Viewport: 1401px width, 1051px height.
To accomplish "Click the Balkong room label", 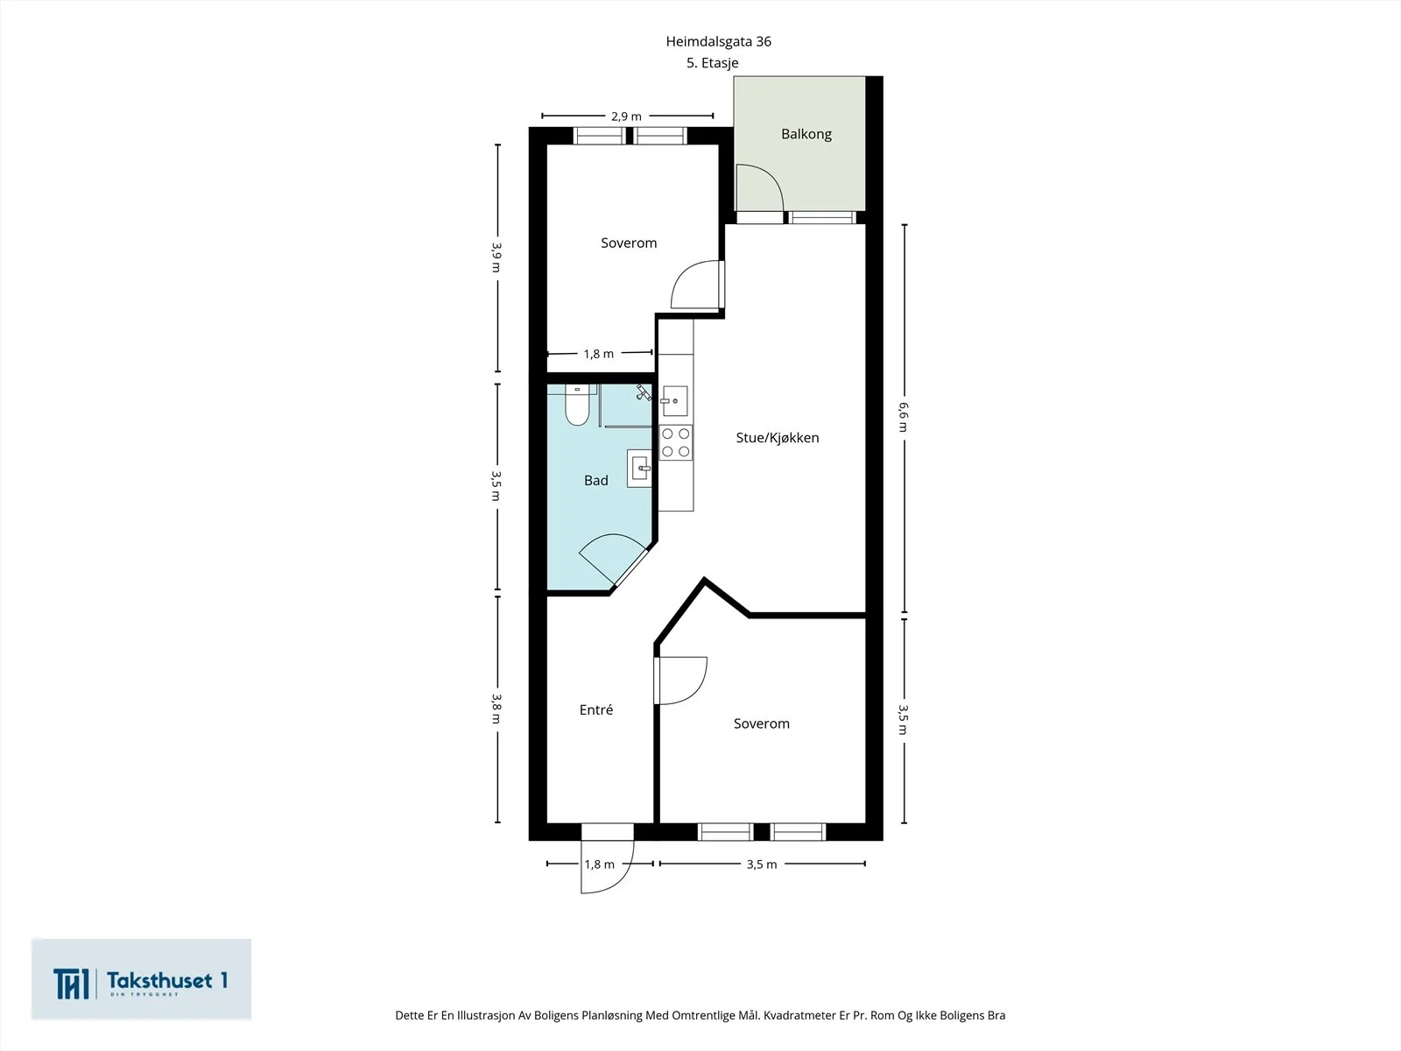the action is [x=806, y=135].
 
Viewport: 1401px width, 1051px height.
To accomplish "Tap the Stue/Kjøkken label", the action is [x=778, y=438].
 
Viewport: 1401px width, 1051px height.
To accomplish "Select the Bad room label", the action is [x=596, y=481].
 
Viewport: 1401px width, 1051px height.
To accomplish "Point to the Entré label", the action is [x=596, y=709].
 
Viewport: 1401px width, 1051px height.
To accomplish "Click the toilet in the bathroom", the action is [x=577, y=405].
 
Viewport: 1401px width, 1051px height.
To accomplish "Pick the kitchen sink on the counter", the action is [x=674, y=401].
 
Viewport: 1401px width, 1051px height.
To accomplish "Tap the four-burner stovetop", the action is [x=675, y=443].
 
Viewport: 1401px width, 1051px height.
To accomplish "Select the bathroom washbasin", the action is [x=639, y=469].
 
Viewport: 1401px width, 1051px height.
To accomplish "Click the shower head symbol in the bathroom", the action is [x=644, y=391].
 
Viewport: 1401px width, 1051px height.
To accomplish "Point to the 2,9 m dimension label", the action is [x=626, y=116].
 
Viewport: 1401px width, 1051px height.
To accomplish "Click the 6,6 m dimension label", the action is [x=903, y=417].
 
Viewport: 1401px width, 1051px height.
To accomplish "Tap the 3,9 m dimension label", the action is [x=496, y=257].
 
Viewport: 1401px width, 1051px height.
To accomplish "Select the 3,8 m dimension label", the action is [x=496, y=709].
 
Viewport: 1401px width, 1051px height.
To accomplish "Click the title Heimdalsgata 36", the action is [x=719, y=41].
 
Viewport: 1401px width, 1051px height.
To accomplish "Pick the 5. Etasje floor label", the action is [x=712, y=62].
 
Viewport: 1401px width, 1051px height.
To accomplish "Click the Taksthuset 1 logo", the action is [x=141, y=979].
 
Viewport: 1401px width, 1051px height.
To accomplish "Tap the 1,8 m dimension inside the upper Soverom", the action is [x=599, y=354].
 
